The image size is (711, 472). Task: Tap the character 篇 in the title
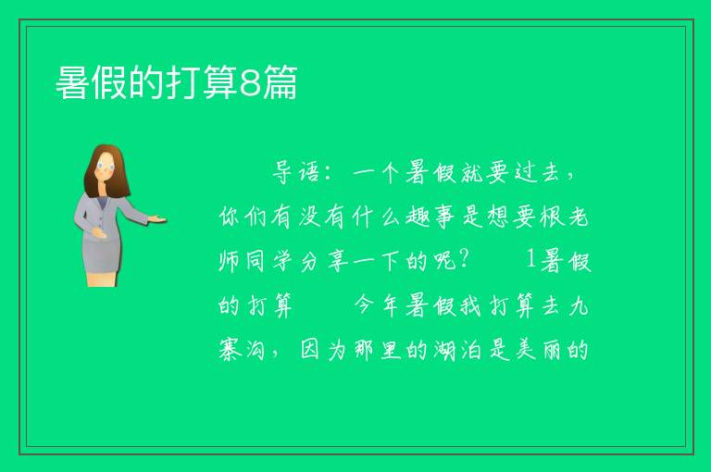coord(281,82)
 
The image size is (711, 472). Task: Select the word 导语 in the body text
coord(296,172)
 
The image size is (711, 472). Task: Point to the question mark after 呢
coord(464,260)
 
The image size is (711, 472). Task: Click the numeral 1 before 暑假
coord(531,260)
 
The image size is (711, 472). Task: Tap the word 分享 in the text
coord(324,261)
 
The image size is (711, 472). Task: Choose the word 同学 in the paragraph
coord(269,261)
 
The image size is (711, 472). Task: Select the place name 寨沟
coord(242,350)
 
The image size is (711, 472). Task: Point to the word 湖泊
coord(457,350)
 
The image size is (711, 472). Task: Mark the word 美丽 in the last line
coord(539,350)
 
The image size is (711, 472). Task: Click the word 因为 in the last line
coord(324,350)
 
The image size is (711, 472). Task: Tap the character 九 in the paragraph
coord(579,305)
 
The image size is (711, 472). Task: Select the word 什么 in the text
coord(376,217)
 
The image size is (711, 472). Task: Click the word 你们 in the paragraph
coord(242,217)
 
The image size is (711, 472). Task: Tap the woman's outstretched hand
coord(156,219)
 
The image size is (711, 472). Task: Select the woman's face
coord(106,167)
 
